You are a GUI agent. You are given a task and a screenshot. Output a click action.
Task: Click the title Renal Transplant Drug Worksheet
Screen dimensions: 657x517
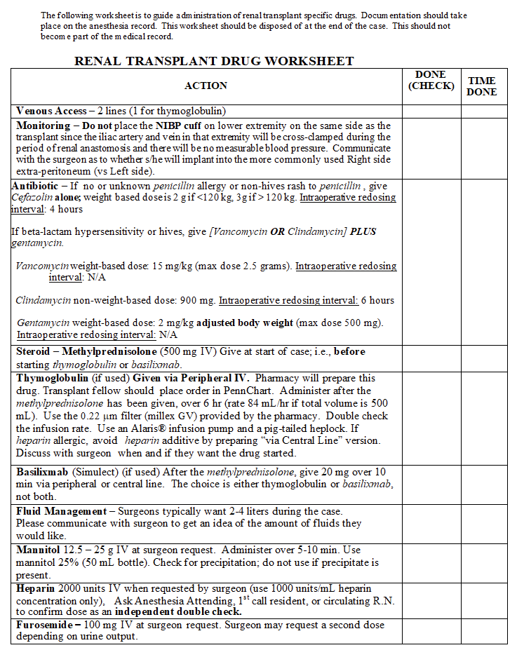(x=214, y=61)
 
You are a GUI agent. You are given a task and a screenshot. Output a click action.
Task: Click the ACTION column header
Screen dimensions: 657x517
(x=206, y=86)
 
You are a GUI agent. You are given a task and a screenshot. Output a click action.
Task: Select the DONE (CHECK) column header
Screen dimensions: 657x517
(x=431, y=81)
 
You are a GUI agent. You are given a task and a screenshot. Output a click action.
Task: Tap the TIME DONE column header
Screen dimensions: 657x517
(x=482, y=86)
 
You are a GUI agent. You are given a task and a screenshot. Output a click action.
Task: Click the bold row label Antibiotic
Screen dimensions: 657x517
(x=35, y=187)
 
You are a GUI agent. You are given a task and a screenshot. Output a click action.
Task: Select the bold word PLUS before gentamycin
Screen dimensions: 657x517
(x=363, y=231)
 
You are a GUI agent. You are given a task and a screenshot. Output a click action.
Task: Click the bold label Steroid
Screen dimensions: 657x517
(x=32, y=351)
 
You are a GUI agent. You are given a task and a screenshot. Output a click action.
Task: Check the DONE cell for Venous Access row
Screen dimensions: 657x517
(x=431, y=111)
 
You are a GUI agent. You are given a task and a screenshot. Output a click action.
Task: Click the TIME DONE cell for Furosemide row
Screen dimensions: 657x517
(x=483, y=631)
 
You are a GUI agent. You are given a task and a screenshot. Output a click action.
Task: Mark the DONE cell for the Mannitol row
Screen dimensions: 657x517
(x=431, y=562)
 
